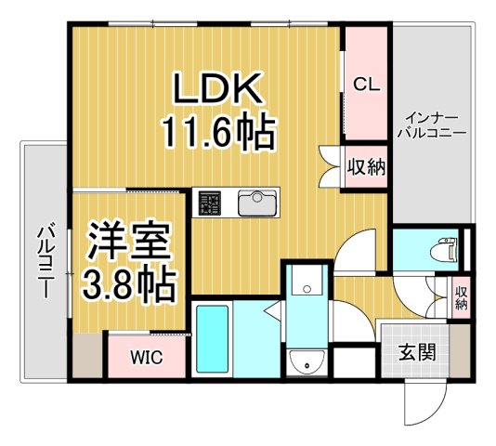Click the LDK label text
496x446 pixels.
[x=219, y=90]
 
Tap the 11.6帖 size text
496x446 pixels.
[x=220, y=133]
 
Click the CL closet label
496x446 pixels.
[x=366, y=84]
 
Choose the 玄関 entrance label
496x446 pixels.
[x=418, y=352]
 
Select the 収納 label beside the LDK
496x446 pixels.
[x=366, y=167]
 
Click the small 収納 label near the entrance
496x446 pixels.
[x=462, y=298]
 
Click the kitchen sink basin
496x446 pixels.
[x=255, y=203]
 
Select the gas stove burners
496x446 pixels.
[x=208, y=202]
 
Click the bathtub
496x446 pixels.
[x=213, y=339]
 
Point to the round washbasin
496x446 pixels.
[x=303, y=362]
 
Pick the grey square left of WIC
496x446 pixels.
[x=86, y=356]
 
